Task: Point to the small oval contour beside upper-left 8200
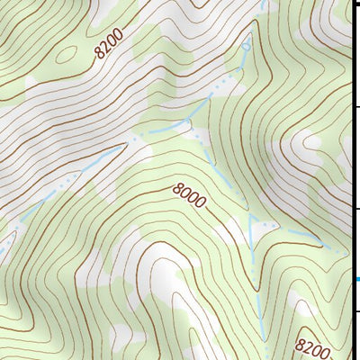(x=65, y=51)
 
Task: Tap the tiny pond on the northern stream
(x=247, y=45)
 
